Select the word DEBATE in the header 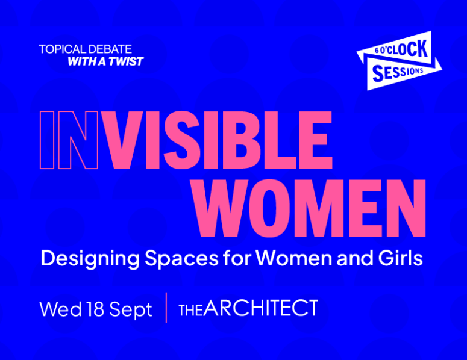(x=110, y=49)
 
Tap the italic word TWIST (x=126, y=61)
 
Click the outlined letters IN (x=69, y=140)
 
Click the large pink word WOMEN (x=310, y=208)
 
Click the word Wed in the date (x=61, y=309)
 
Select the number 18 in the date (x=95, y=309)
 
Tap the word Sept (x=131, y=310)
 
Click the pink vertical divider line (x=166, y=308)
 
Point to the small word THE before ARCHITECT (x=191, y=311)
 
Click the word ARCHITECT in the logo (x=262, y=308)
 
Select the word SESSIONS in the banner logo (x=398, y=72)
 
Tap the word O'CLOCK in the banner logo (x=404, y=49)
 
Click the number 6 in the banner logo (x=377, y=51)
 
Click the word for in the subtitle (x=237, y=258)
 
